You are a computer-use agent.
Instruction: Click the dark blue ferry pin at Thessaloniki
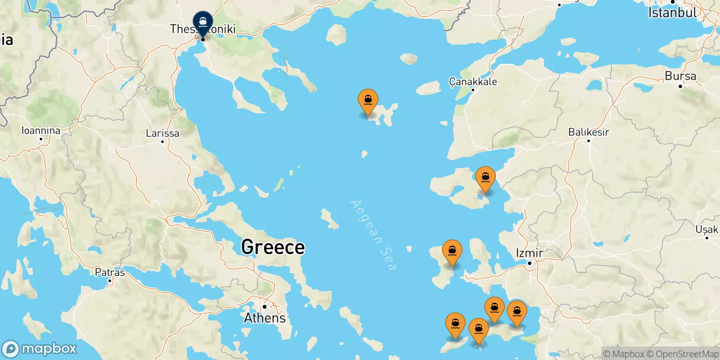[203, 22]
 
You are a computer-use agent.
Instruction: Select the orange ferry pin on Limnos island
[368, 100]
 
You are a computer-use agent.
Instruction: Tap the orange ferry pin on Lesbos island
[485, 178]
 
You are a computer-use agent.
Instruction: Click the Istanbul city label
[672, 13]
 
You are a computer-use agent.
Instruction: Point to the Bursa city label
[680, 76]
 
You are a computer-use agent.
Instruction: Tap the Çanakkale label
[473, 81]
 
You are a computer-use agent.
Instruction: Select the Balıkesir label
[588, 132]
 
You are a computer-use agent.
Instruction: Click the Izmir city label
[530, 253]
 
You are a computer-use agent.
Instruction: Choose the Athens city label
[265, 318]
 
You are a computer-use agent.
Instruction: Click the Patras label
[110, 272]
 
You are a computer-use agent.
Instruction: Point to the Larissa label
[162, 133]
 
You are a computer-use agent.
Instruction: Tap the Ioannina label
[41, 130]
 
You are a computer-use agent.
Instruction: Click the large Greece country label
[273, 247]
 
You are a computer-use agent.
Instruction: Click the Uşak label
[706, 229]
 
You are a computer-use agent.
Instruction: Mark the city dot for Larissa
[162, 141]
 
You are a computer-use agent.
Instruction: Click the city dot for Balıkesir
[588, 140]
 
